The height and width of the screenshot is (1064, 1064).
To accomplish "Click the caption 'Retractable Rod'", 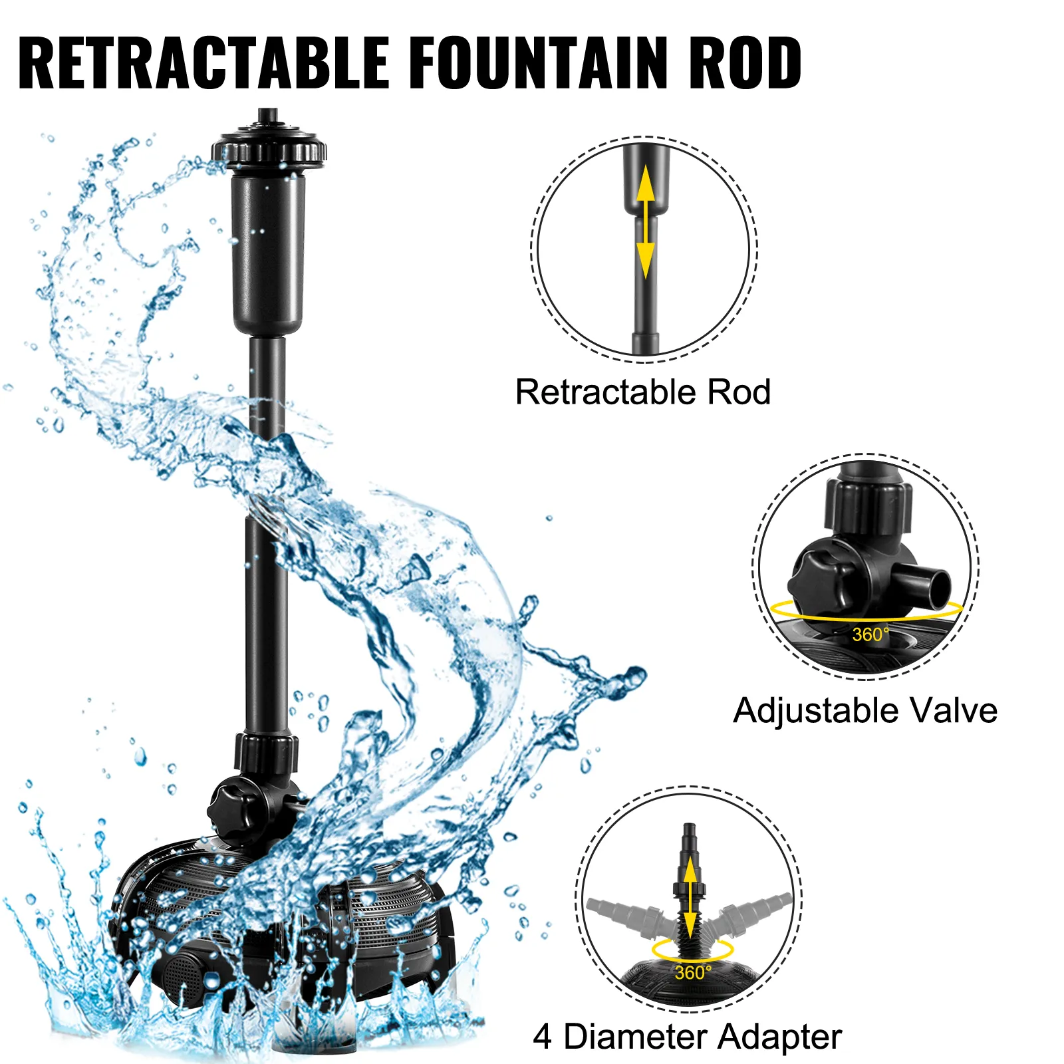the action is point(643,392).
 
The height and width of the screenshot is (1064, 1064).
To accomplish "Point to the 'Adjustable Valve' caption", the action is point(865,710).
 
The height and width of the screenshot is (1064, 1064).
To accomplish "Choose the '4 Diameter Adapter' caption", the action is point(688,1037).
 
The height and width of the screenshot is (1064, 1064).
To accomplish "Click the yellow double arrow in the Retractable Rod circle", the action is point(645,222).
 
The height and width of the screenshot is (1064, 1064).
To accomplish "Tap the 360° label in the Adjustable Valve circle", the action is point(870,634).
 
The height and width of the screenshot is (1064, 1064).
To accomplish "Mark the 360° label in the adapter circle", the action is point(693,973).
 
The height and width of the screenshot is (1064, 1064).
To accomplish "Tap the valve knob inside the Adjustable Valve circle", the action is point(819,576).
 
